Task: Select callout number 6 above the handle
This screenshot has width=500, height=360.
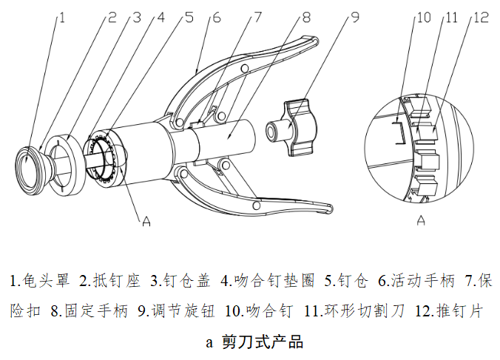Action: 216,16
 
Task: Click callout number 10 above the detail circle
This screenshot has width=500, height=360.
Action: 424,17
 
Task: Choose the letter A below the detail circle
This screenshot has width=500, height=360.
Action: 421,220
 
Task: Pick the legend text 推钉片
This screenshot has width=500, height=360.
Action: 460,311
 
